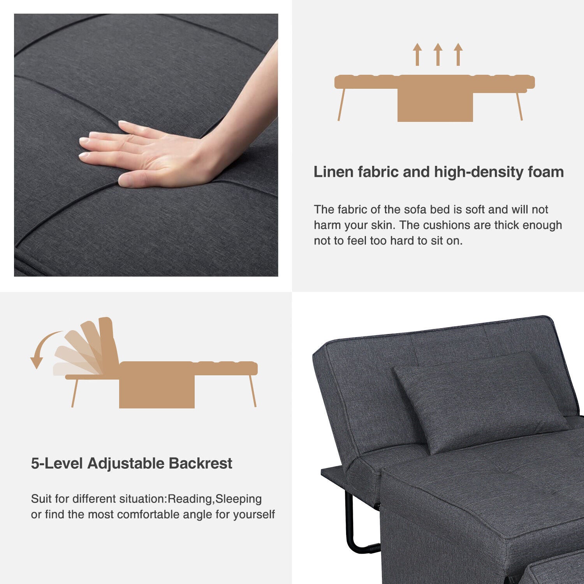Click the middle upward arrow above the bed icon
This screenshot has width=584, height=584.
438,55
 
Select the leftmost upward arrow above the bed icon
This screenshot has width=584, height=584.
417,55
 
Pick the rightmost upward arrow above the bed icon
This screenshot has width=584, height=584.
458,55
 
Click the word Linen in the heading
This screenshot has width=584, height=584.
333,172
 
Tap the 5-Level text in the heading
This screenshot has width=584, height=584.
57,463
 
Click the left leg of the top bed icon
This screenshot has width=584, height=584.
341,104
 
